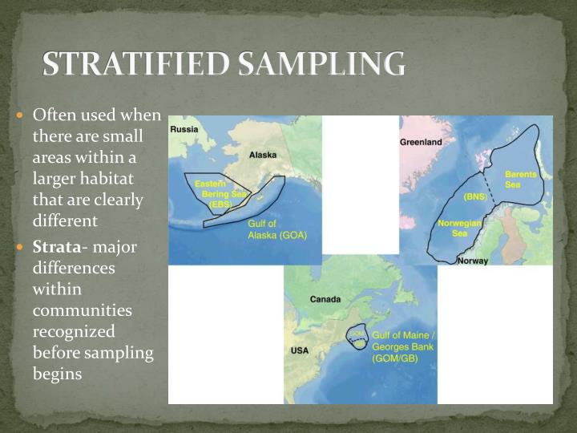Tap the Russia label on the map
pyautogui.click(x=184, y=128)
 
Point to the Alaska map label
pyautogui.click(x=263, y=154)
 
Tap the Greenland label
pyautogui.click(x=421, y=142)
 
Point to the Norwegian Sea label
pyautogui.click(x=459, y=228)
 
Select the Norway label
pyautogui.click(x=472, y=261)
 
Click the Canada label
pyautogui.click(x=325, y=299)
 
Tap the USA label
pyautogui.click(x=299, y=350)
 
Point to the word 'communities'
pyautogui.click(x=83, y=310)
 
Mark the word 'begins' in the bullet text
pyautogui.click(x=58, y=373)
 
